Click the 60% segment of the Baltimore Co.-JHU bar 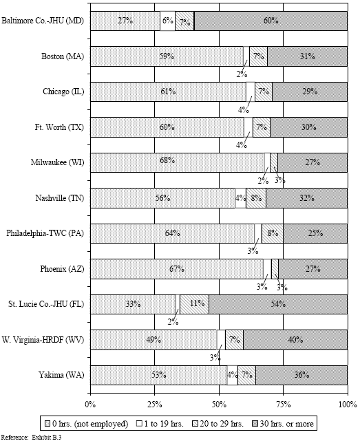coord(271,21)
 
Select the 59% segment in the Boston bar coord(166,56)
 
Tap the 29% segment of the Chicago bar coord(309,92)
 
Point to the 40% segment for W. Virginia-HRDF coord(295,339)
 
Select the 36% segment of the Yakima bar coord(301,375)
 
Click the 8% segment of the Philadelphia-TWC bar coord(272,233)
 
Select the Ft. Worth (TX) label coord(59,127)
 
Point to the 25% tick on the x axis coord(154,403)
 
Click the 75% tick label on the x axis coord(283,403)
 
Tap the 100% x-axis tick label coord(346,403)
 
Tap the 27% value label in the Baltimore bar coord(125,21)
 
